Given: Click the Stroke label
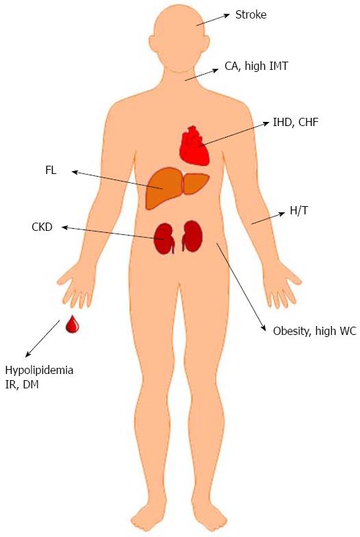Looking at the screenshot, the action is (x=250, y=15).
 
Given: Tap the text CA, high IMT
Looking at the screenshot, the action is (x=256, y=66).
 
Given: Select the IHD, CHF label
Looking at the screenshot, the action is (x=296, y=122).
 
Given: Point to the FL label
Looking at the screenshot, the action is (x=51, y=170).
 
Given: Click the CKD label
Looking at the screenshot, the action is (x=42, y=227).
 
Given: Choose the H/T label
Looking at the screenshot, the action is (x=298, y=211).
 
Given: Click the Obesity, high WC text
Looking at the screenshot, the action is (x=315, y=331).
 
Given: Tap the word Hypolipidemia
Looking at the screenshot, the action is (x=39, y=370).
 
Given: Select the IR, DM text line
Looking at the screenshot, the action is (x=22, y=385).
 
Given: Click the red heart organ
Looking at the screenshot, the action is (x=194, y=145).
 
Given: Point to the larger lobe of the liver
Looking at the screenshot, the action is (x=164, y=188).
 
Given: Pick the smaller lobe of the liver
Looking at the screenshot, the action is (x=196, y=184).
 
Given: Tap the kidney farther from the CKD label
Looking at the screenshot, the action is (x=192, y=236).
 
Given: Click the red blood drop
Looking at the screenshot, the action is (x=73, y=324).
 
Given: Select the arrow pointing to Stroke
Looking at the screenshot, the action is (x=214, y=19).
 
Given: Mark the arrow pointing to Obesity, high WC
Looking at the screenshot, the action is (x=241, y=287).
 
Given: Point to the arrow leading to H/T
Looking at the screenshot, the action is (x=268, y=218).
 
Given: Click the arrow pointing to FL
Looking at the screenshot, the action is (x=118, y=179).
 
